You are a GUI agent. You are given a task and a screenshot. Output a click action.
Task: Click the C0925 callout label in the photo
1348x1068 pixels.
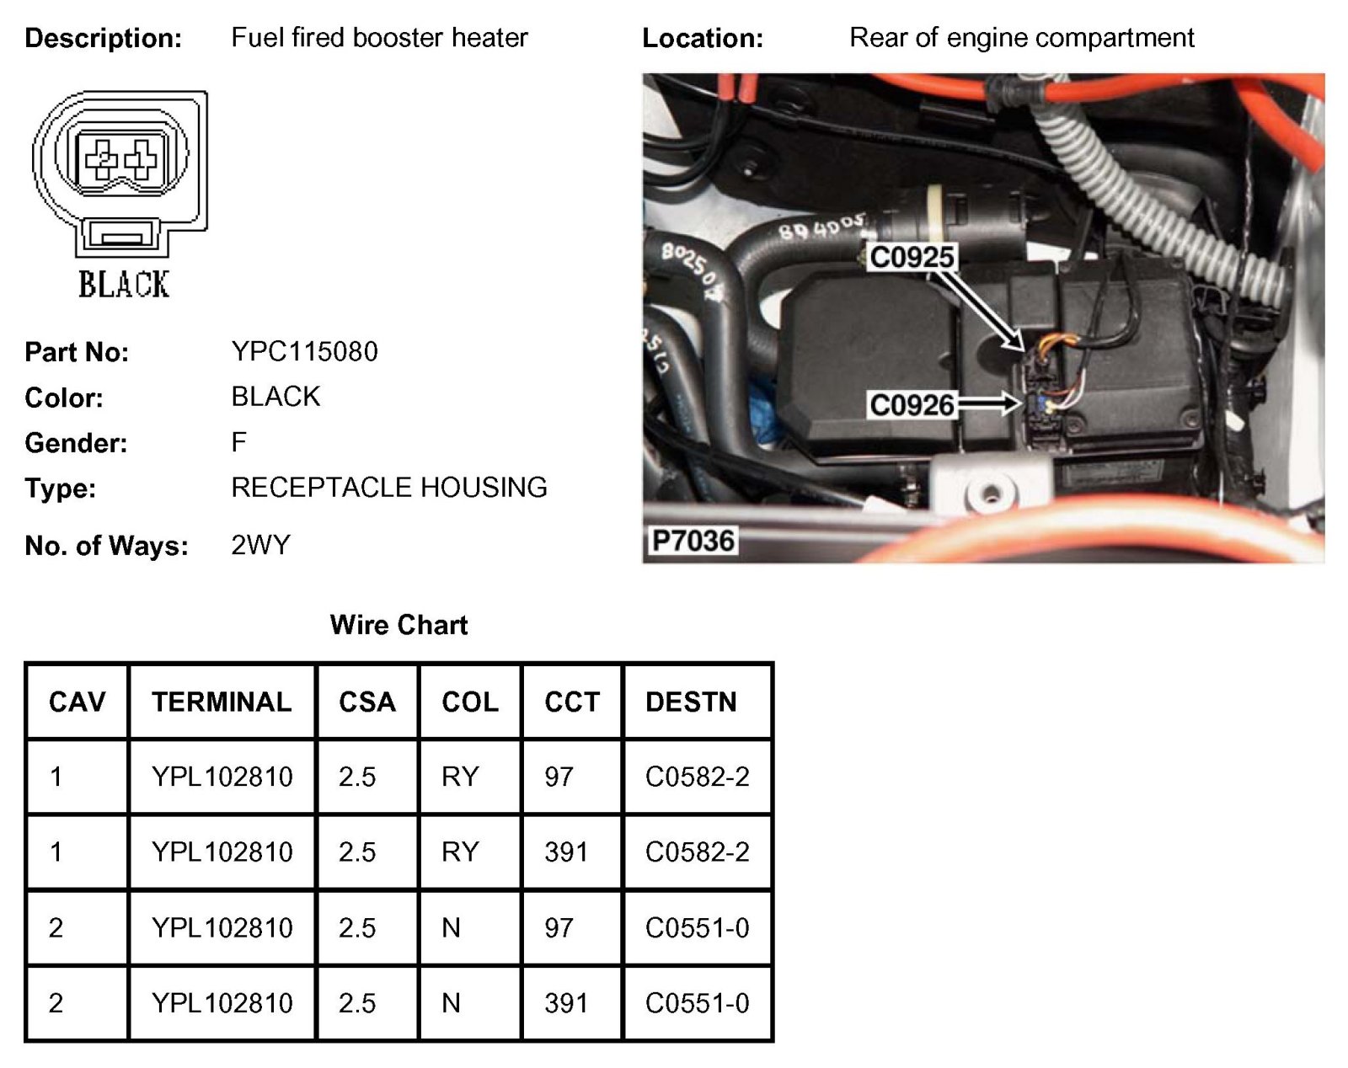912,257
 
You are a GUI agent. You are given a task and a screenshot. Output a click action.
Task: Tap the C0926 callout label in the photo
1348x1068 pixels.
912,405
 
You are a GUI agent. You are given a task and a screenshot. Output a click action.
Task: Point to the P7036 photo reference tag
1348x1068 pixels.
693,540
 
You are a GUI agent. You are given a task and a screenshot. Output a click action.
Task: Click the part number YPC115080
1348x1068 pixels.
304,351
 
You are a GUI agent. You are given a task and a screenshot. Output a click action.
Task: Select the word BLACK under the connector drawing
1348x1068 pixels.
124,285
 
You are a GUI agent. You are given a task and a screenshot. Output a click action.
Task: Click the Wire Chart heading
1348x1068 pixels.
399,625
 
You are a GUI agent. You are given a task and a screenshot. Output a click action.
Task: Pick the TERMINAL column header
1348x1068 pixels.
222,702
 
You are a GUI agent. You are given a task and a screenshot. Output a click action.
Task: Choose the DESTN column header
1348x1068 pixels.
691,702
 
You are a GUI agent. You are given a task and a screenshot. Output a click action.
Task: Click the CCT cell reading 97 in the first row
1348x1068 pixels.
559,777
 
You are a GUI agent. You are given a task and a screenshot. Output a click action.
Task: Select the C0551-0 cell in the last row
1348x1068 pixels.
697,1002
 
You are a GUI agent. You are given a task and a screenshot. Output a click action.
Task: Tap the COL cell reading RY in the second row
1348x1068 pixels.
460,852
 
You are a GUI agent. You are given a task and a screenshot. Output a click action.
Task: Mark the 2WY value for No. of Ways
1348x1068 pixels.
260,545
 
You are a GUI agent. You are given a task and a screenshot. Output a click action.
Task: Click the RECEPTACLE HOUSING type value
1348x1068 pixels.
389,487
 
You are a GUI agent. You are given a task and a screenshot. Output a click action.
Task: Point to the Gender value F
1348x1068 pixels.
239,442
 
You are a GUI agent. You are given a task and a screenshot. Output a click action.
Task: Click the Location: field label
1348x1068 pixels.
703,38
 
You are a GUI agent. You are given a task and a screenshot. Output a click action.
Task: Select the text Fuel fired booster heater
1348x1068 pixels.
379,38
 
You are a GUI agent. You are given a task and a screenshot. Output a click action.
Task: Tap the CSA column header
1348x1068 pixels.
366,702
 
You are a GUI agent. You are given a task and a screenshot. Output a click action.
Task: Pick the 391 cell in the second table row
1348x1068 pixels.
565,852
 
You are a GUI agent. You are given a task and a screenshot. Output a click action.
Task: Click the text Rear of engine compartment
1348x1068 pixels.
1021,38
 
